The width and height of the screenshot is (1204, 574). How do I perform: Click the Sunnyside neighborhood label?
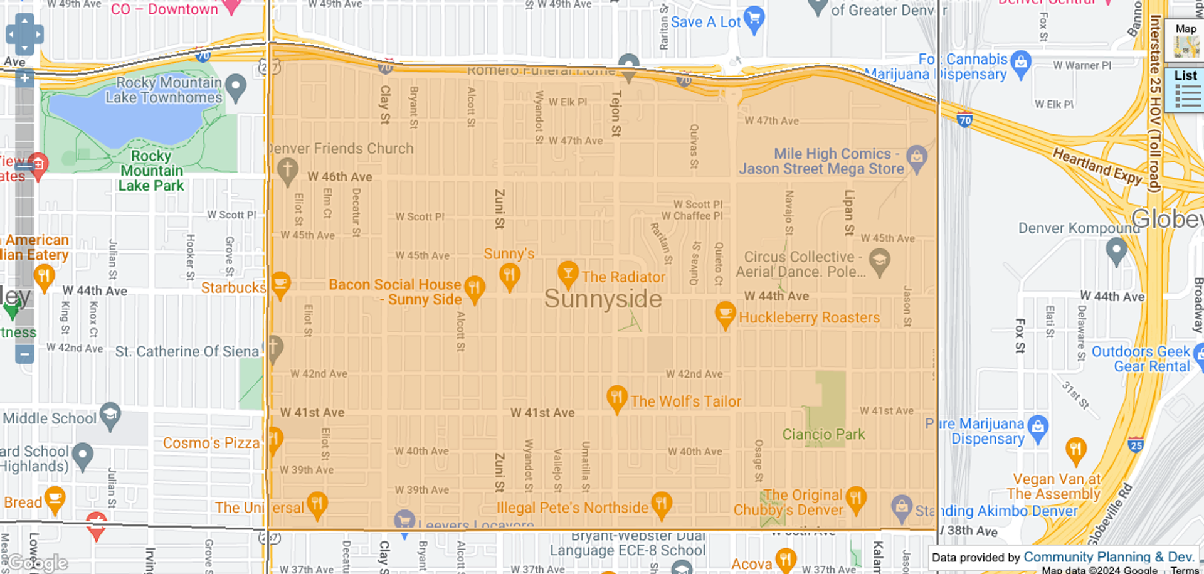click(603, 299)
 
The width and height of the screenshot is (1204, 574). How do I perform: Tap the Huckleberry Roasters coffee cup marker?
click(725, 314)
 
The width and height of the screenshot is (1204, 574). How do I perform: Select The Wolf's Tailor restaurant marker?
click(616, 398)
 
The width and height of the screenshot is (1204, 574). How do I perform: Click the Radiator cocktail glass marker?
click(568, 274)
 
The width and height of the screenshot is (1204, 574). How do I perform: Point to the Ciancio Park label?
click(823, 434)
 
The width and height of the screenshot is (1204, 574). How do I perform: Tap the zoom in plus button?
click(24, 79)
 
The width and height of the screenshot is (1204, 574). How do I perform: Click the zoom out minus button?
click(24, 354)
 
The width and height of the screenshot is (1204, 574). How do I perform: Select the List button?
click(1185, 90)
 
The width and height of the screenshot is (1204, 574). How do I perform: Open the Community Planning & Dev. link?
click(1108, 557)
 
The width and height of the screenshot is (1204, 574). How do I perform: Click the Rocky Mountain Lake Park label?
click(151, 171)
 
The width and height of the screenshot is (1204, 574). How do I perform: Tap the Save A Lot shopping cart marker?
click(754, 19)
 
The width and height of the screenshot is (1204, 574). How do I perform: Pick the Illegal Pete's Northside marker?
click(662, 504)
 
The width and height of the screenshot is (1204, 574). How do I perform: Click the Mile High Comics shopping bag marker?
click(917, 157)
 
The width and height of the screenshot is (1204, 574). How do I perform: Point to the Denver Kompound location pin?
click(1116, 251)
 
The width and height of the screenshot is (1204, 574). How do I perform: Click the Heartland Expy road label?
click(1097, 166)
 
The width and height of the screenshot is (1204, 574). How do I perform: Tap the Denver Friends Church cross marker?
click(287, 169)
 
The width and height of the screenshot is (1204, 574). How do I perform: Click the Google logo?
click(38, 563)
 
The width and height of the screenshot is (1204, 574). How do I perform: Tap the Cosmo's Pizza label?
click(211, 443)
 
